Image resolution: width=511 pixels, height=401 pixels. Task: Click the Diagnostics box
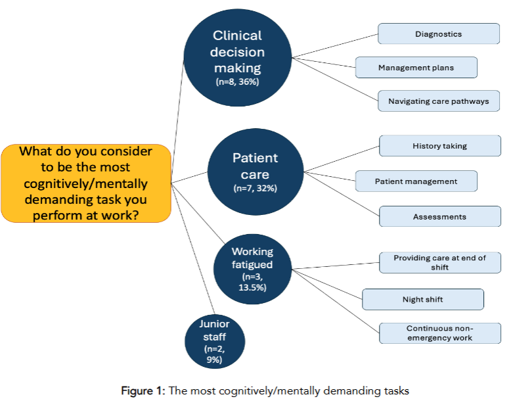pyautogui.click(x=439, y=34)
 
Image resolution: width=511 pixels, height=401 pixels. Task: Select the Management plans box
pyautogui.click(x=416, y=68)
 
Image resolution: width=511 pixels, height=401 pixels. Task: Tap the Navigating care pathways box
pyautogui.click(x=439, y=101)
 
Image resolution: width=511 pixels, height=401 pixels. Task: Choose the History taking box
pyautogui.click(x=439, y=146)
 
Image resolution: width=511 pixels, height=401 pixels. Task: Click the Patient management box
pyautogui.click(x=416, y=181)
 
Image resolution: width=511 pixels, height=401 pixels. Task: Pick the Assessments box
pyautogui.click(x=439, y=216)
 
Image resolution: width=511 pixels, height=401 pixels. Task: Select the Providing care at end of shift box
pyautogui.click(x=439, y=262)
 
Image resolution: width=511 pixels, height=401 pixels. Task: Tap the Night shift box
pyautogui.click(x=422, y=299)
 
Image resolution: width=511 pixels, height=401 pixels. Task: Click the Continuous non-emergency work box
pyautogui.click(x=439, y=333)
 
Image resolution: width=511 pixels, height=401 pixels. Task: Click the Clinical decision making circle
pyautogui.click(x=238, y=58)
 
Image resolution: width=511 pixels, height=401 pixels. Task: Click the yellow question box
pyautogui.click(x=86, y=183)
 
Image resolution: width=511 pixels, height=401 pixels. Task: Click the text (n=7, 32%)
pyautogui.click(x=255, y=189)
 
